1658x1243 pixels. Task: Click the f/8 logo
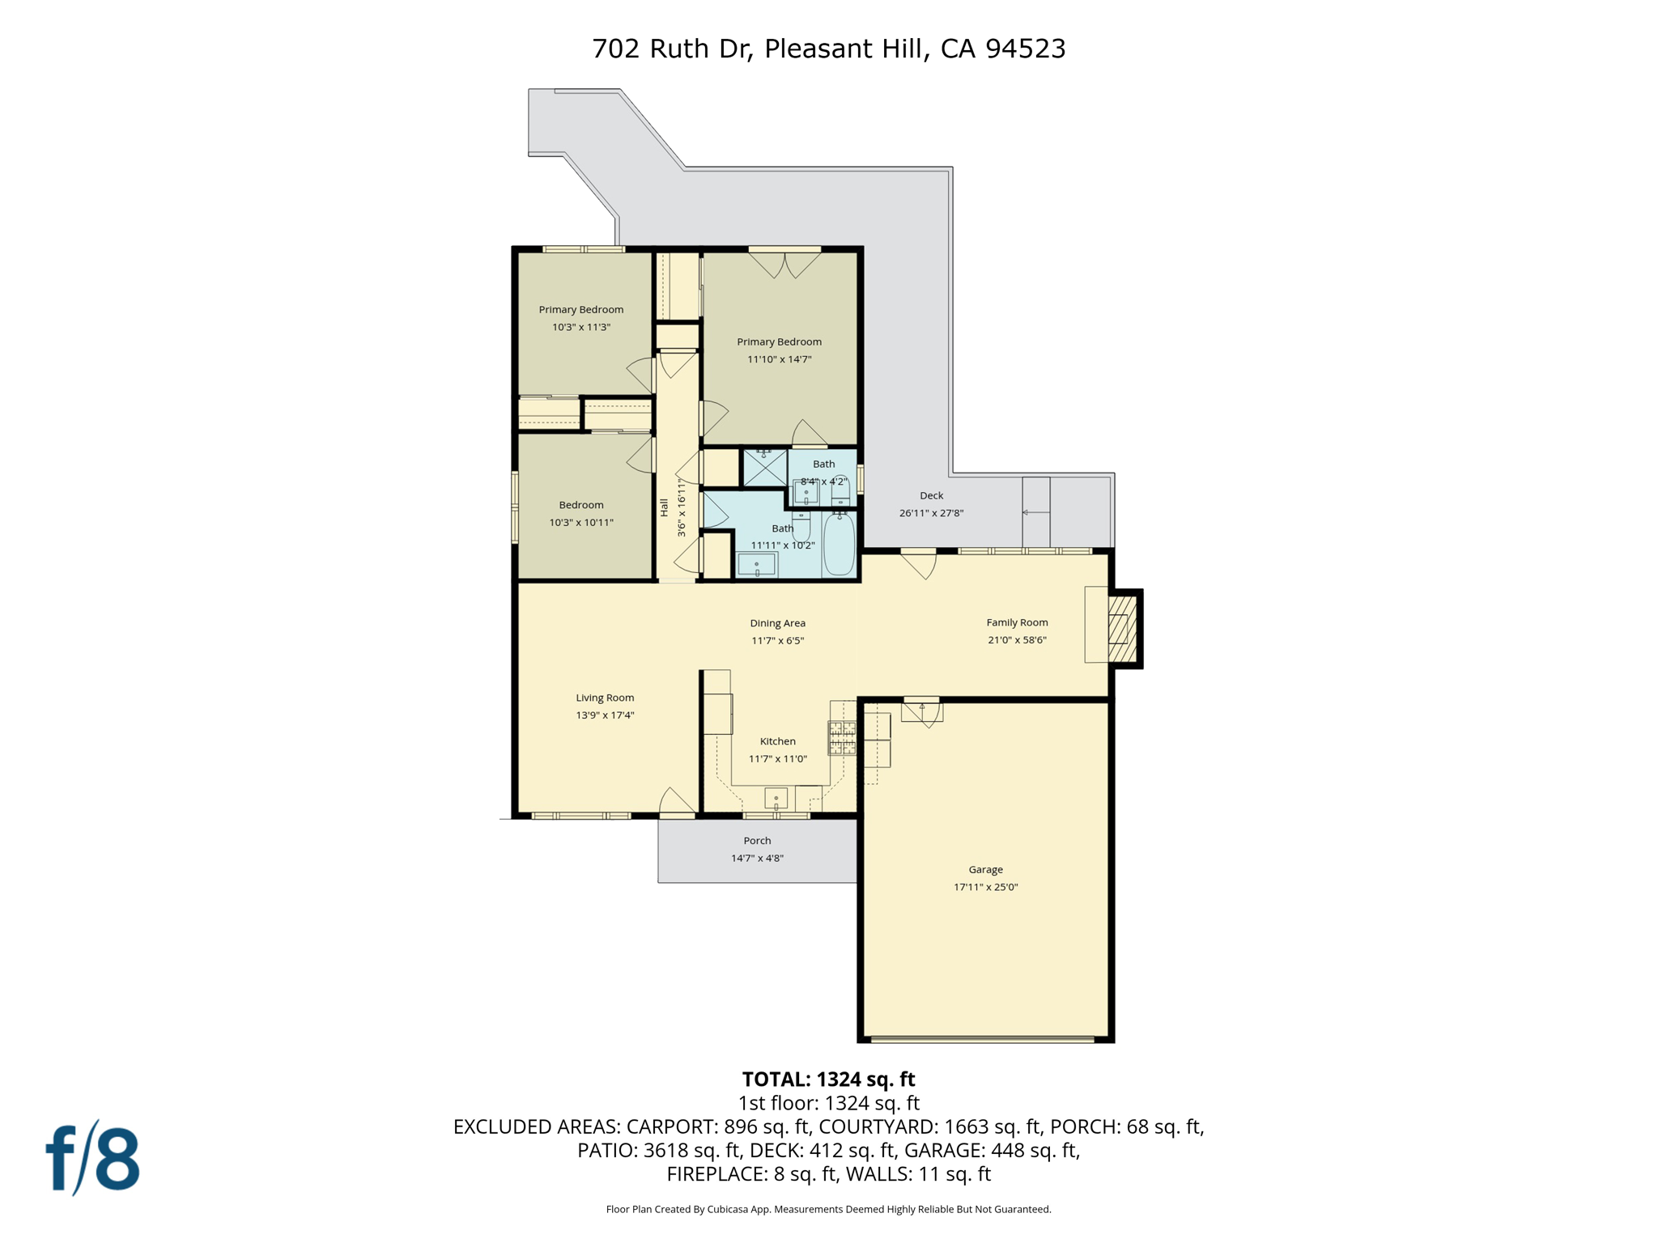92,1158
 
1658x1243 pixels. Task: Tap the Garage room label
985,869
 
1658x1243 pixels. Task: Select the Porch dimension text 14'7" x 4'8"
757,858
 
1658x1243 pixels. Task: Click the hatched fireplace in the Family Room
1123,629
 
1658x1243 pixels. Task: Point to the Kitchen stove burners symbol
842,738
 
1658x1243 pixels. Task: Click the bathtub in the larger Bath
839,544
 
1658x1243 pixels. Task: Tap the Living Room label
605,698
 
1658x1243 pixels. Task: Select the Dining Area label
777,623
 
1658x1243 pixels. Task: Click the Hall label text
664,507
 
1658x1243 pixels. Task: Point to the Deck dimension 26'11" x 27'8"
931,513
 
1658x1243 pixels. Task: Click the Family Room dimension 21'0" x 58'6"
1017,640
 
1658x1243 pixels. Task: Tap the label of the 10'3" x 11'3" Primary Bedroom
581,309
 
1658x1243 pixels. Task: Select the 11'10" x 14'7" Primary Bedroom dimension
779,359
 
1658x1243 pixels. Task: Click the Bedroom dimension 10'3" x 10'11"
581,523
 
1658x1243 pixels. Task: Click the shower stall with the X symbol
764,469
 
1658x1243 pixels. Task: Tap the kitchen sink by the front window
776,799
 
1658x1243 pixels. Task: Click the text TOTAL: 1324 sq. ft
828,1080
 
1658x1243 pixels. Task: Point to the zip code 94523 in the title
1025,49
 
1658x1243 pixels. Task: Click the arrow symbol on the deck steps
1035,512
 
